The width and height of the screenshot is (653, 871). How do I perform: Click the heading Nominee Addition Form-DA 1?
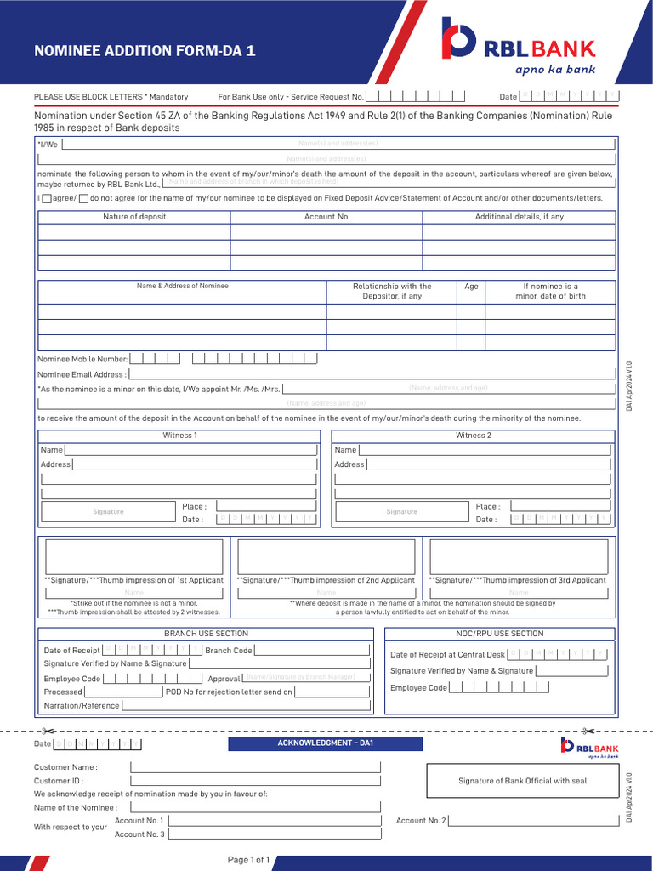(x=144, y=50)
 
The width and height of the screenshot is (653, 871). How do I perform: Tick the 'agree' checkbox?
(x=47, y=198)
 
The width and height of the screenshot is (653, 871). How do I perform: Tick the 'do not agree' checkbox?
(x=83, y=198)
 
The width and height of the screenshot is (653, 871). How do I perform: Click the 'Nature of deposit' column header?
(x=134, y=217)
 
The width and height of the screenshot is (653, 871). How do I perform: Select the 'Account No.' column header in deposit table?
(x=326, y=217)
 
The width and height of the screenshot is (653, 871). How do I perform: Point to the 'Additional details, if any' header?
(x=519, y=217)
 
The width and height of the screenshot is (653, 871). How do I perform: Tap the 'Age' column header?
(x=471, y=287)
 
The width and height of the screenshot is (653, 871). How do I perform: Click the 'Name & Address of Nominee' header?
(x=182, y=286)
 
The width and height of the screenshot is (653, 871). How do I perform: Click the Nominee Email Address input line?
(x=371, y=373)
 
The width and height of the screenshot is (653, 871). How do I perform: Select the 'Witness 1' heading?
(x=179, y=435)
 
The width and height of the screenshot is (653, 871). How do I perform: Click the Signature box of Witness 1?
(x=108, y=511)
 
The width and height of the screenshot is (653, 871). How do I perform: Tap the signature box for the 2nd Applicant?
(x=326, y=556)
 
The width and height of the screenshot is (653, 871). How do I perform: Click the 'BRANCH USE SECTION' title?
(x=206, y=634)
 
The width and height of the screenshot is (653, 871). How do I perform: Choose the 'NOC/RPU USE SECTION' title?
(x=499, y=634)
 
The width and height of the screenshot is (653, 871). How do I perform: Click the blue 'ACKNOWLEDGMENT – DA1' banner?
(x=326, y=743)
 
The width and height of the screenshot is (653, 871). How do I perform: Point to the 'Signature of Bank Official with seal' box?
(x=522, y=780)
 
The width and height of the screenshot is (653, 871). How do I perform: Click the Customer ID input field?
(x=255, y=781)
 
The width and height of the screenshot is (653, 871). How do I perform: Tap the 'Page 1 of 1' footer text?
(x=248, y=860)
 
